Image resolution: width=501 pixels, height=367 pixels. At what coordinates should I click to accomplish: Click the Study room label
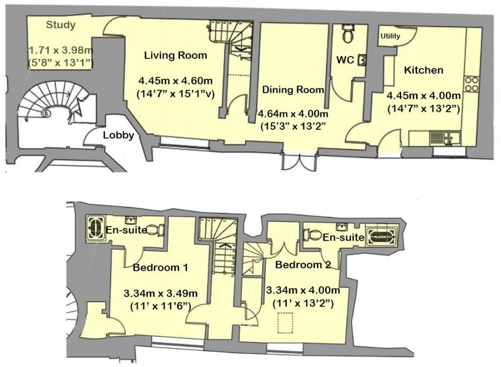60,25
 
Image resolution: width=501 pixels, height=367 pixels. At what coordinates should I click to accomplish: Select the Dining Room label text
293,90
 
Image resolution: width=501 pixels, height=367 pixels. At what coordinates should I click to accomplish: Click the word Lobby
119,135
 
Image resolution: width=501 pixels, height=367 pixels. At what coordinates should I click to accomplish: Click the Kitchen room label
423,70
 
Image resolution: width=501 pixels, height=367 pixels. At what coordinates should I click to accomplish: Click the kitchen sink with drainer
443,136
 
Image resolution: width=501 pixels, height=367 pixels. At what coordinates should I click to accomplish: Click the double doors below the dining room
298,162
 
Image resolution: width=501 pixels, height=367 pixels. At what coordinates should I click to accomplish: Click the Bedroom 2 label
303,265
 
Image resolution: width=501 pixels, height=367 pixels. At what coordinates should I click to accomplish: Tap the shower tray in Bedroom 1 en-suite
95,227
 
